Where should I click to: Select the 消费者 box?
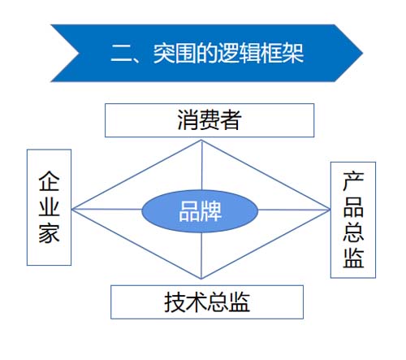point(209,120)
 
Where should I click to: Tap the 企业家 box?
point(49,206)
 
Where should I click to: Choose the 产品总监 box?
point(353,219)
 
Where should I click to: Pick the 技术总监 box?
point(206,301)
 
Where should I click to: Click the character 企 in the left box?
point(49,180)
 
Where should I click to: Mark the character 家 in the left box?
point(49,234)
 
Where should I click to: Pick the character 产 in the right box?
point(353,180)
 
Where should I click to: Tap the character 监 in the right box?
point(353,259)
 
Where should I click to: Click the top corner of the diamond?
point(201,140)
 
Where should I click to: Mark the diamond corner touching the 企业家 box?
point(72,210)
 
